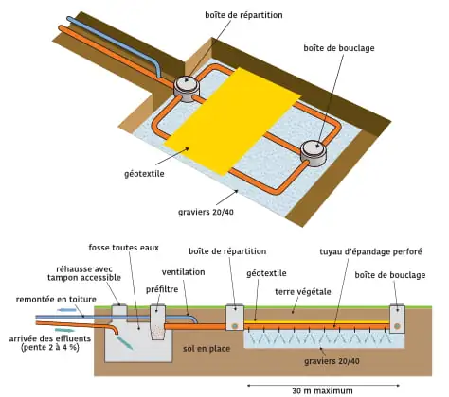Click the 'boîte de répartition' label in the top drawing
[x=243, y=15]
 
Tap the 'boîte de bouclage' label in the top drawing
[x=339, y=48]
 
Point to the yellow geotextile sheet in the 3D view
[x=232, y=121]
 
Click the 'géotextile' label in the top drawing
[x=144, y=174]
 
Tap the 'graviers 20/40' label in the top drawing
[x=206, y=212]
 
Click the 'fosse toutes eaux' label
[x=124, y=248]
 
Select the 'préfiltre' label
[x=162, y=289]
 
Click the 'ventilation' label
[x=184, y=272]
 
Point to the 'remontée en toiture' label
[x=56, y=299]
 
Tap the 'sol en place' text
[x=207, y=349]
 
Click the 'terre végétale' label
[x=303, y=292]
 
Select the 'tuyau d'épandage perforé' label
[x=370, y=251]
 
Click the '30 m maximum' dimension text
[x=322, y=390]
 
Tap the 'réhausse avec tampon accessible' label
[x=84, y=273]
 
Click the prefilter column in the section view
[x=158, y=322]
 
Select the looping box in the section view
[x=397, y=319]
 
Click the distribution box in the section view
[x=235, y=318]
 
